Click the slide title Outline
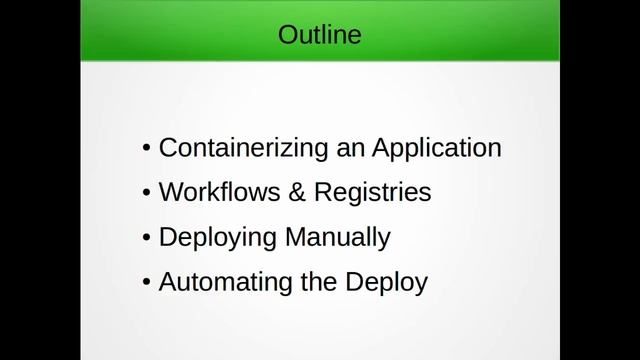(x=320, y=37)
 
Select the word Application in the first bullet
(x=437, y=148)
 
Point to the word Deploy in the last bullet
(x=388, y=283)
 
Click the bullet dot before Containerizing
(x=147, y=149)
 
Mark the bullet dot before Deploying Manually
(x=147, y=239)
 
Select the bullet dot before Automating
(x=147, y=283)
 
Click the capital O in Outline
(x=287, y=37)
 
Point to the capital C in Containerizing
(x=168, y=148)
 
